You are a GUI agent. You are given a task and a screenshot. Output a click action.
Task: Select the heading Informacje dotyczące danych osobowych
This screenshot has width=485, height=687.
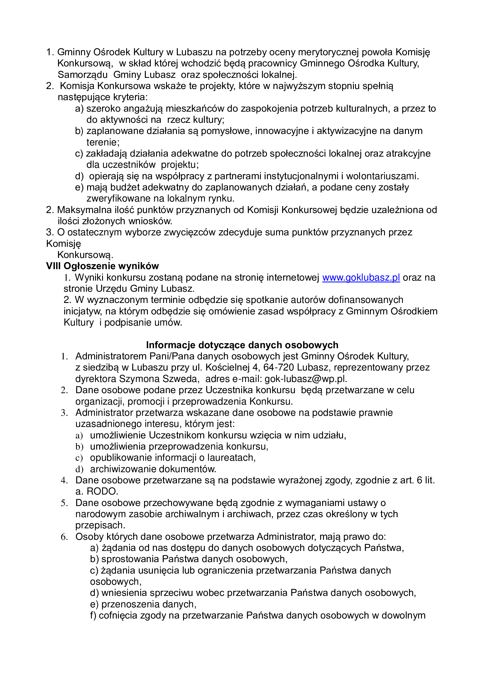[x=242, y=345]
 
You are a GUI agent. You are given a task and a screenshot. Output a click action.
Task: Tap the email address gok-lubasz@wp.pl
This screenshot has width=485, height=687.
[x=305, y=379]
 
